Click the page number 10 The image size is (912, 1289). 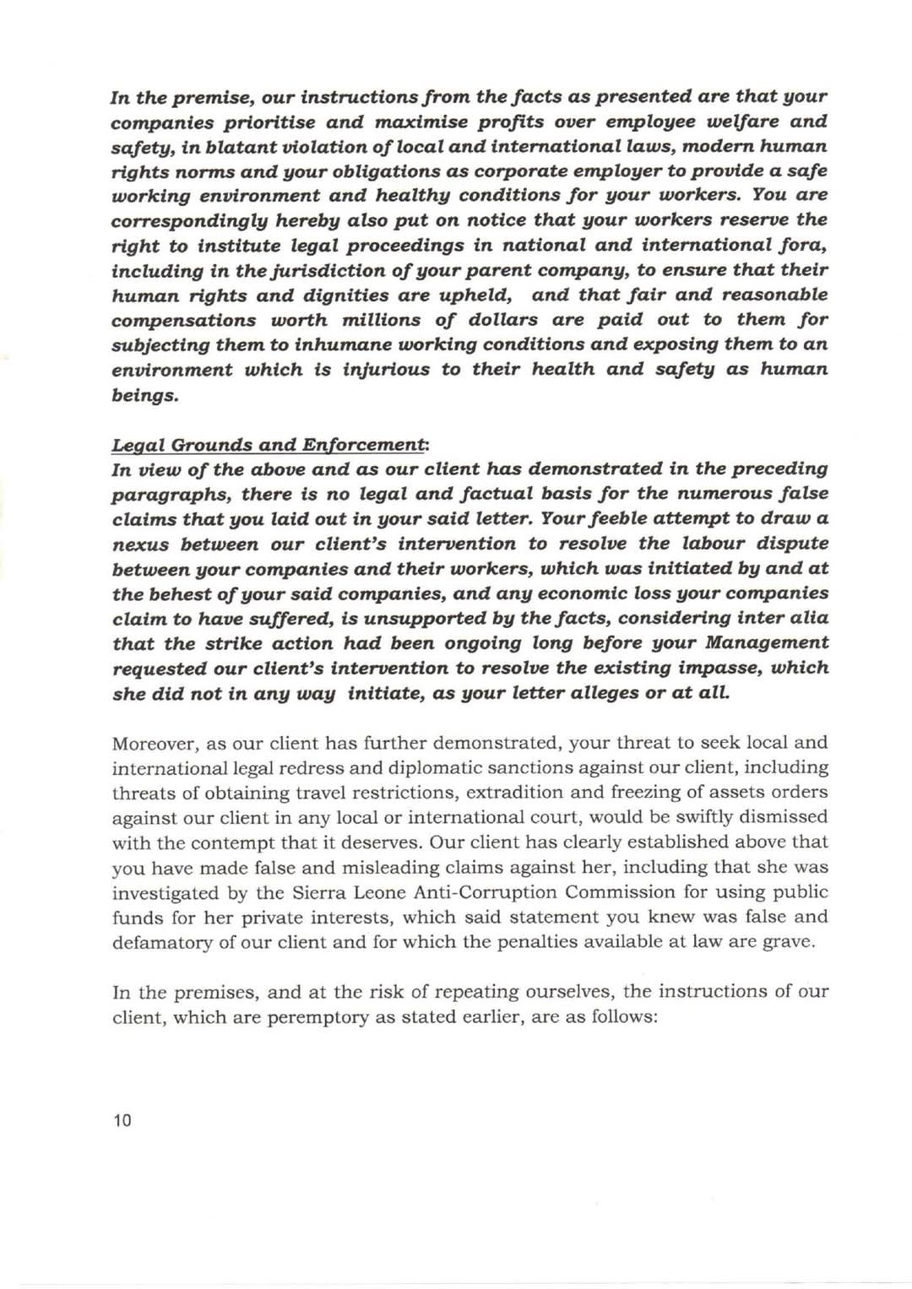122,1121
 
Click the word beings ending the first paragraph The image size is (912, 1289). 144,395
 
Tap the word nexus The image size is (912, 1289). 138,544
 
